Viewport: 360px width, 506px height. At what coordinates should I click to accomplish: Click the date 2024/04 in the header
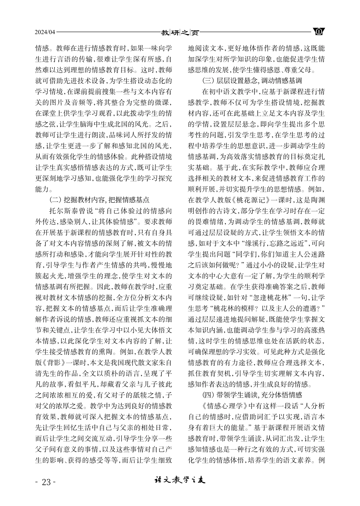pos(45,32)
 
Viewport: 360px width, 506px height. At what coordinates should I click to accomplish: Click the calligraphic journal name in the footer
pos(180,481)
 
